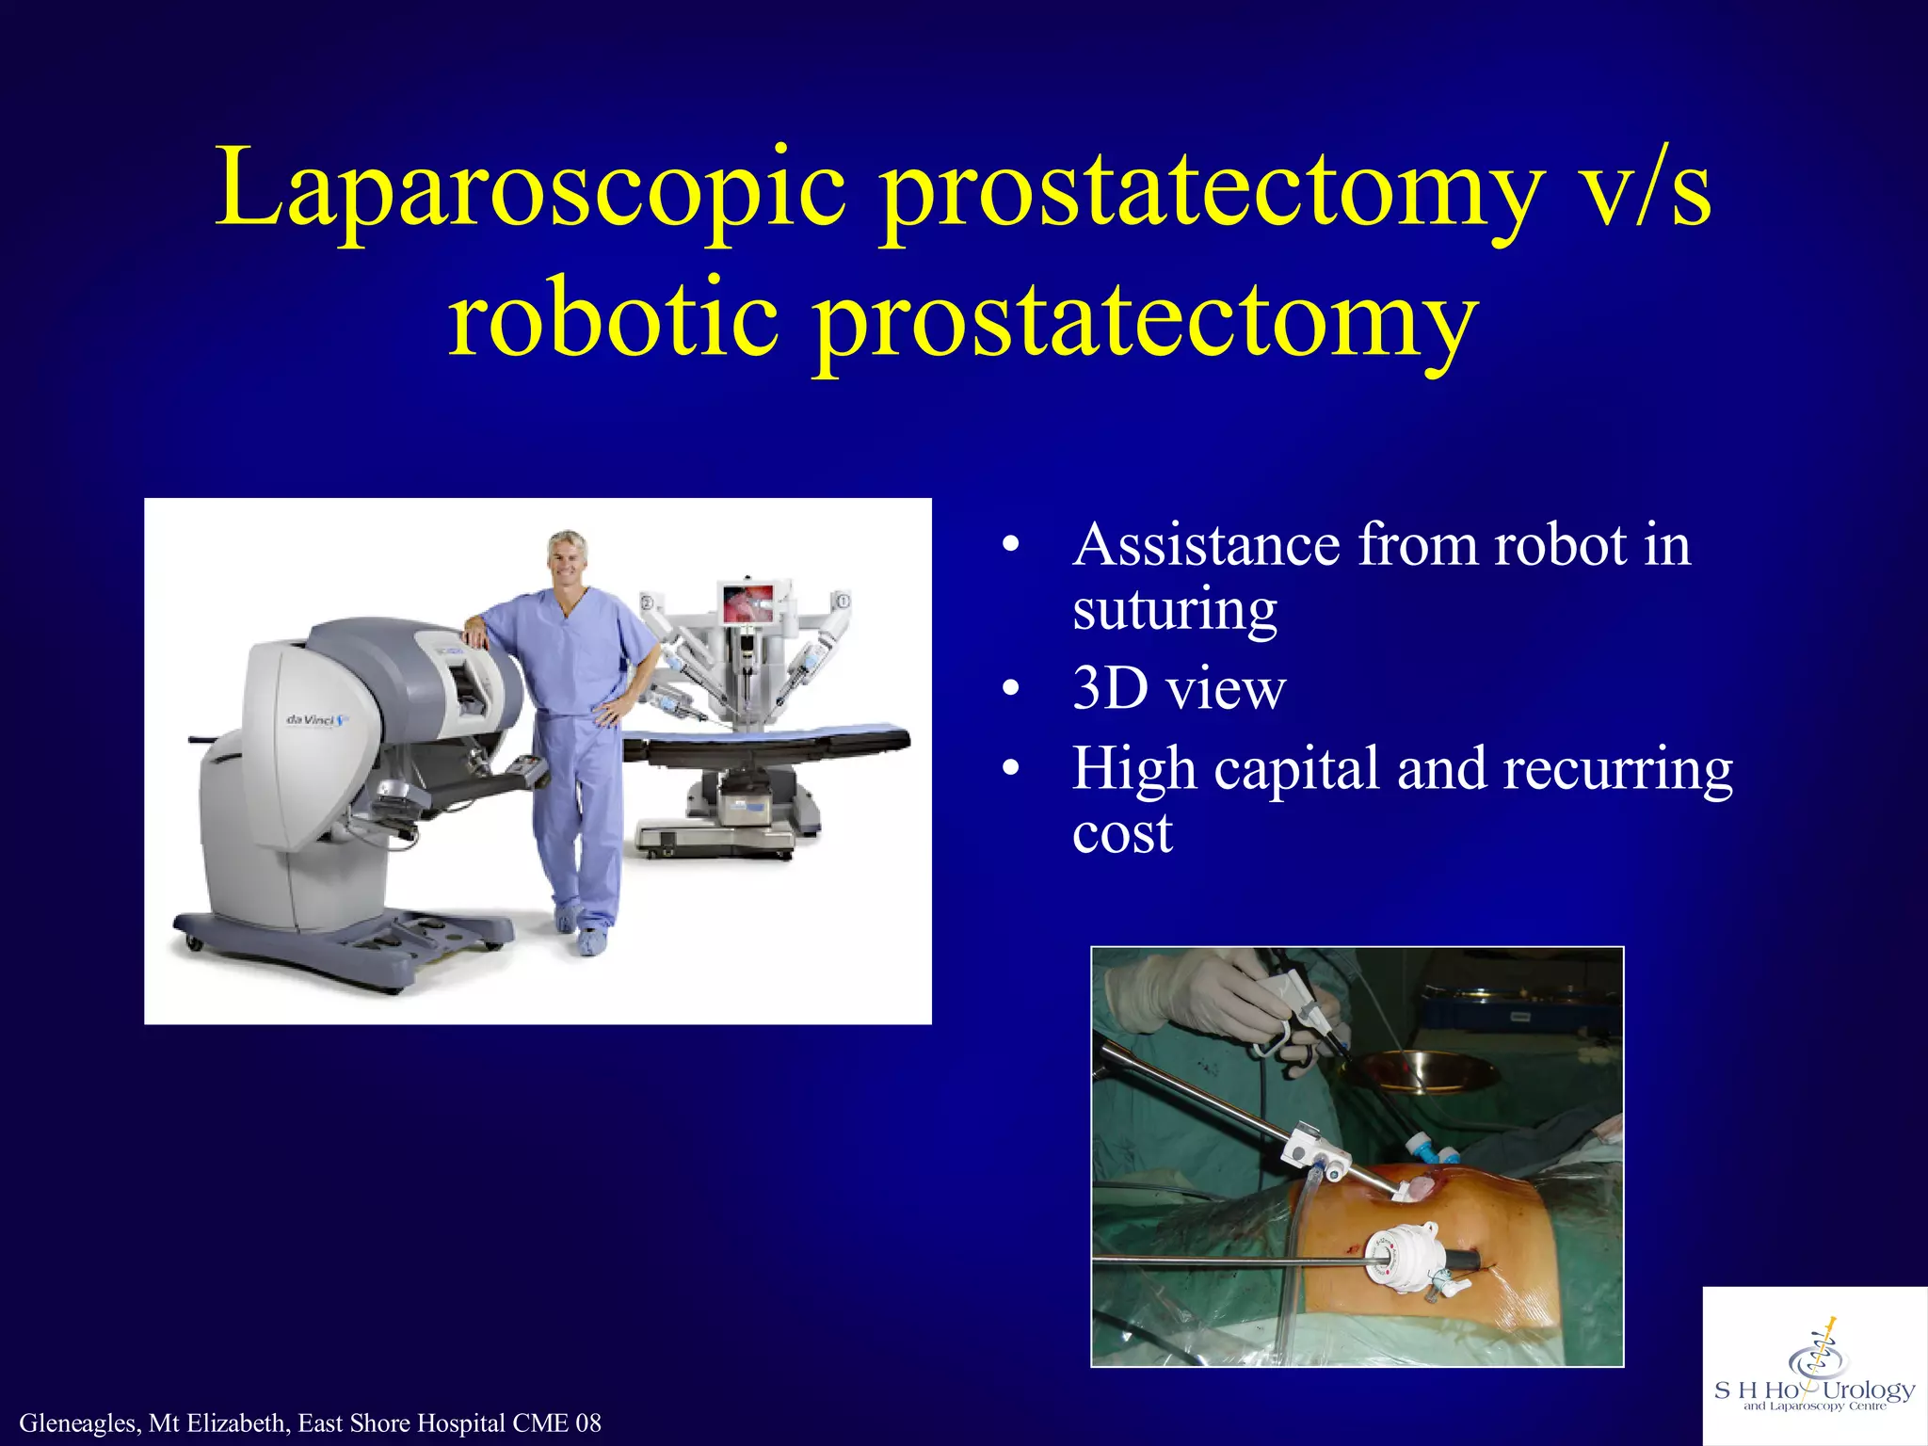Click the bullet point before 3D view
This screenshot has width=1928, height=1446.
[1010, 690]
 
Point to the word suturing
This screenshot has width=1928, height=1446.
[1174, 610]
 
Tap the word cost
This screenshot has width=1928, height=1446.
[1122, 833]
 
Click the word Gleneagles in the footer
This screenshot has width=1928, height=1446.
[79, 1423]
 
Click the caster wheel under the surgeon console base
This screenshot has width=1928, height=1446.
[193, 940]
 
